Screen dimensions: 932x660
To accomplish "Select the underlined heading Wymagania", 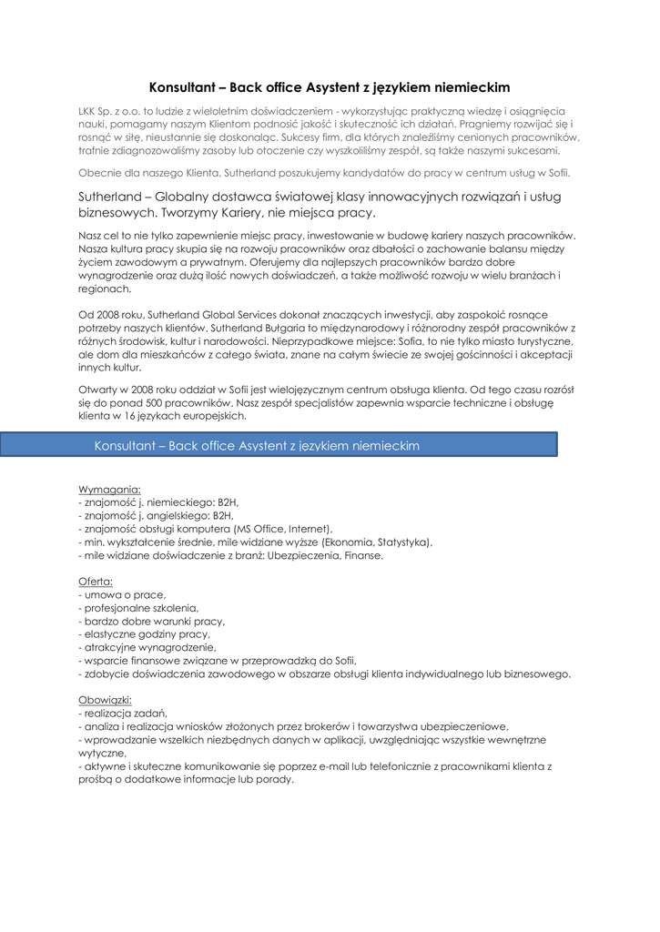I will [109, 489].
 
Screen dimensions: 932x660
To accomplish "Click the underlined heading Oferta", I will [96, 581].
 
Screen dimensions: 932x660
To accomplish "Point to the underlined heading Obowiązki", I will [106, 700].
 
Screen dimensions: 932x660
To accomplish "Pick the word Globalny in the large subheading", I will [185, 197].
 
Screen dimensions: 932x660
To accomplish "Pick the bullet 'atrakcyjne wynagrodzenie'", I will [147, 647].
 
